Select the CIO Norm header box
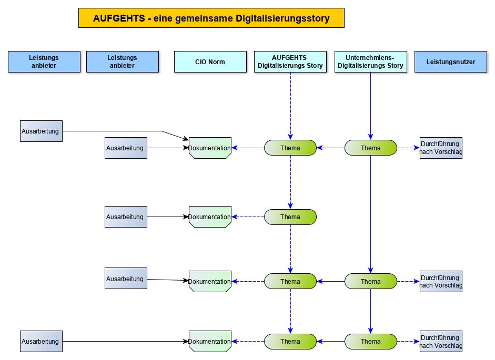[210, 61]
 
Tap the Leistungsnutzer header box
[451, 61]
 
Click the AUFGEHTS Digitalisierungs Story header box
[290, 61]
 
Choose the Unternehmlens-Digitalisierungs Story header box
[370, 61]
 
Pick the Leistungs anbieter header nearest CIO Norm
[122, 61]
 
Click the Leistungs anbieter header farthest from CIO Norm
[44, 61]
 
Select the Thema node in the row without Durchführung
[290, 217]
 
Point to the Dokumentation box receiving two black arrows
[210, 148]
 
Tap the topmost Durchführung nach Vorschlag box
[441, 148]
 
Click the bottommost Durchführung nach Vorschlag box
[441, 342]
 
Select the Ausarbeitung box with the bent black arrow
[41, 131]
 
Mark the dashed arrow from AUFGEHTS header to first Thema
[290, 105]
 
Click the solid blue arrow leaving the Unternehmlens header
[371, 105]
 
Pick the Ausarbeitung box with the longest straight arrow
[41, 342]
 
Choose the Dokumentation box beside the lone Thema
[210, 217]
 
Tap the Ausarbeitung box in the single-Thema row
[126, 217]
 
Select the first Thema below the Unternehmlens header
[370, 148]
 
